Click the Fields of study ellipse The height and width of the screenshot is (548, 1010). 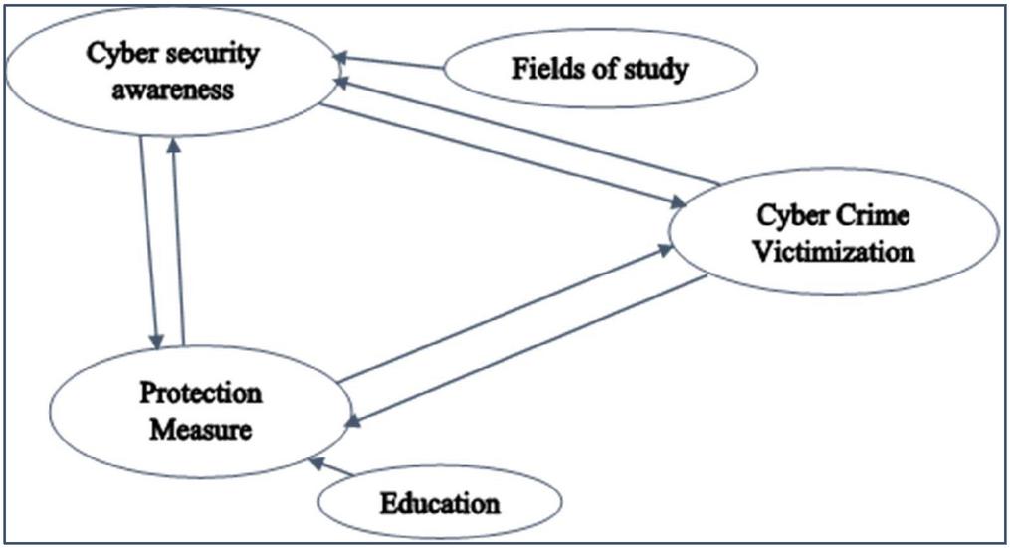coord(600,70)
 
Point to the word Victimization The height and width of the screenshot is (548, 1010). coord(833,251)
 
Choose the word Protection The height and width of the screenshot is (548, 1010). coord(201,393)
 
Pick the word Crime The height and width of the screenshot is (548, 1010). coord(875,215)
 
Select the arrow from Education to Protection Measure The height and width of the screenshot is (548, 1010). coord(332,468)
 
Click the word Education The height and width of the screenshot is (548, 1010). coord(440,503)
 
